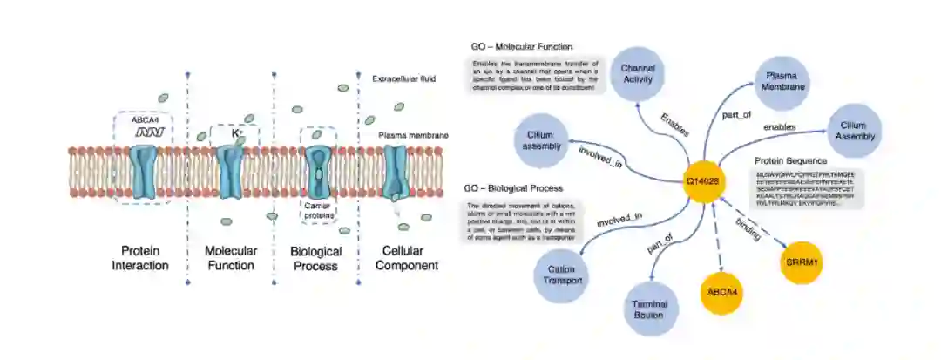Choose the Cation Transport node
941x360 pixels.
pyautogui.click(x=562, y=274)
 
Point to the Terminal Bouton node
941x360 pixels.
pyautogui.click(x=649, y=309)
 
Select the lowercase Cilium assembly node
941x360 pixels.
pyautogui.click(x=541, y=140)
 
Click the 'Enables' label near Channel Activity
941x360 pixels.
pyautogui.click(x=675, y=125)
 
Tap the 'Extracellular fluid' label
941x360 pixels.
pyautogui.click(x=404, y=78)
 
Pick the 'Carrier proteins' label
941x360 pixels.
pyautogui.click(x=318, y=208)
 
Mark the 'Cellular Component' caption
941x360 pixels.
pyautogui.click(x=406, y=258)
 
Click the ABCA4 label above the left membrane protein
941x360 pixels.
pyautogui.click(x=141, y=122)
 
